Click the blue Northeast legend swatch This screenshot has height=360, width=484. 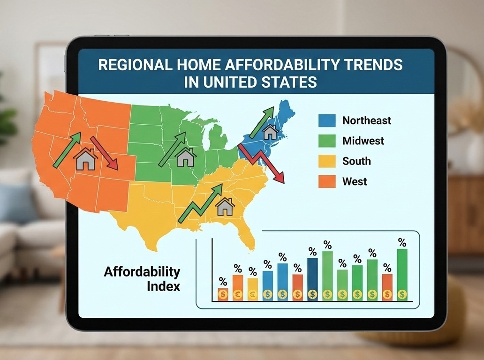point(327,120)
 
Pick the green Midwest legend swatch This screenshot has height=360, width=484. point(327,141)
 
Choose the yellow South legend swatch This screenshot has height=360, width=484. point(327,161)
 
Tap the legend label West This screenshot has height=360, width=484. point(355,181)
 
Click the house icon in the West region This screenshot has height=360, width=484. point(86,159)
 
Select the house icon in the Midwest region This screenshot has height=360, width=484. point(186,157)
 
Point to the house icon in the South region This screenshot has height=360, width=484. point(225,206)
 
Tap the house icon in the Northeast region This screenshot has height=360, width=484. point(270,132)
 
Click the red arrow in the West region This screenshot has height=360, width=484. point(104,153)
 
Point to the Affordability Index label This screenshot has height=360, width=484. point(142,279)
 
